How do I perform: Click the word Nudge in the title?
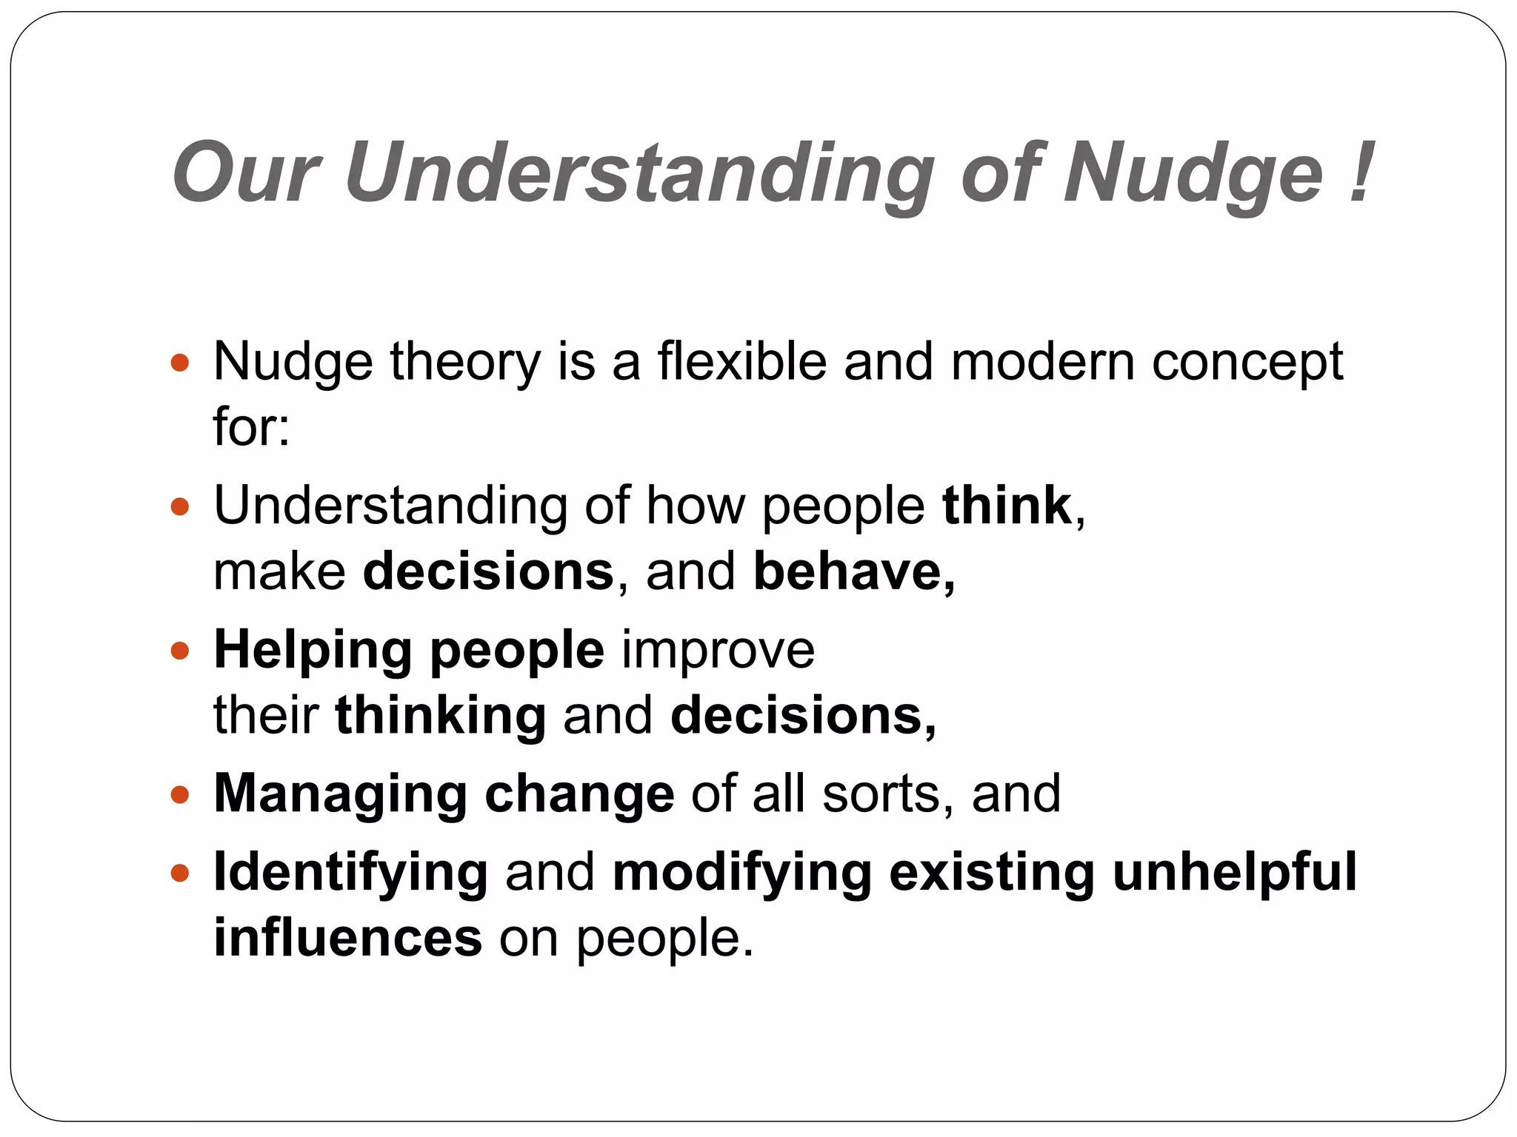(1193, 174)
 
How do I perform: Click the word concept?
(1247, 363)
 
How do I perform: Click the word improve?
(718, 651)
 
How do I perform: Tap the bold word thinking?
(441, 716)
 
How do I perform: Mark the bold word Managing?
(340, 794)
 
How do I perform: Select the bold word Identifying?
(350, 873)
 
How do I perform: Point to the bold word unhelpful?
(1234, 871)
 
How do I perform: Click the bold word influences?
(348, 938)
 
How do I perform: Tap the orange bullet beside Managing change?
(180, 796)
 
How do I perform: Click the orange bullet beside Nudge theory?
(180, 363)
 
